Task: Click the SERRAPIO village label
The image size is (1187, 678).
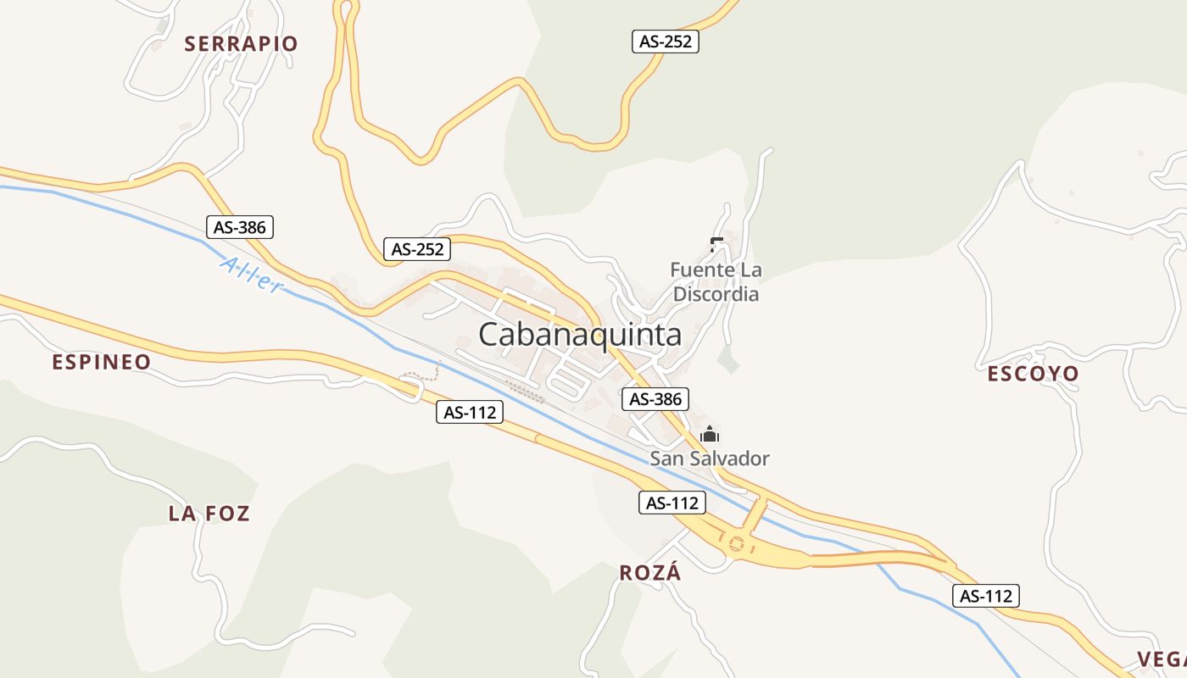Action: point(241,44)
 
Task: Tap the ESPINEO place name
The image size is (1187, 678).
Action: point(101,363)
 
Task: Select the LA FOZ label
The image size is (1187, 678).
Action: point(209,514)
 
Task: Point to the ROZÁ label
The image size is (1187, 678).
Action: point(650,573)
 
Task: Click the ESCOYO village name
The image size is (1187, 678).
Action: point(1033,374)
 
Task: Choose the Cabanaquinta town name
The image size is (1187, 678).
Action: point(580,335)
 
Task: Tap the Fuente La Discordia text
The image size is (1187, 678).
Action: point(716,282)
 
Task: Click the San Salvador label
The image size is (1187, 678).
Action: point(710,458)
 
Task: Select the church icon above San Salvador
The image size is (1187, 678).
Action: point(710,436)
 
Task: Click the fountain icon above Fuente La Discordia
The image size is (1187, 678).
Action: point(716,245)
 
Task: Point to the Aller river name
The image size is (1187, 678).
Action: point(251,275)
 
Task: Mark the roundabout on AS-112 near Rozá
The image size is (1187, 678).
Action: point(736,544)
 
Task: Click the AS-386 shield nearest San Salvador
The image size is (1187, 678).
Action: point(655,399)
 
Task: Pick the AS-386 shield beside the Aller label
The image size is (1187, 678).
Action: point(240,227)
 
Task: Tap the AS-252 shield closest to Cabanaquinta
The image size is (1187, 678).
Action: point(416,249)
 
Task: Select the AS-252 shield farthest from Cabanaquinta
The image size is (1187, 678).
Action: point(666,42)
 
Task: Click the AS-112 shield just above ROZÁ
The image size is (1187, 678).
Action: point(672,503)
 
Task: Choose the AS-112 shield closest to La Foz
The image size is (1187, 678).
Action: point(470,413)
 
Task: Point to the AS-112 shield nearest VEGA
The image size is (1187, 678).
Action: point(985,596)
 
